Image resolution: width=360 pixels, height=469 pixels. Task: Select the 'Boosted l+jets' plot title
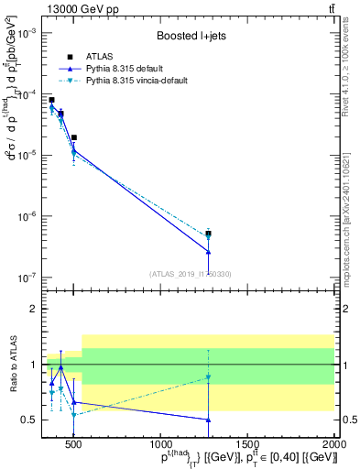[x=186, y=36]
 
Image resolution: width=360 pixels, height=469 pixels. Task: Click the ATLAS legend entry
[x=100, y=57]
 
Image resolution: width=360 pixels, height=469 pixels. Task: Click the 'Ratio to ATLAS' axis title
[x=13, y=364]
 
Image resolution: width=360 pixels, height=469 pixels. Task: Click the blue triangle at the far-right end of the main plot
[x=209, y=252]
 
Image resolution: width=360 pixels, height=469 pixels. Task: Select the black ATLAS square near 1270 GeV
[x=209, y=234]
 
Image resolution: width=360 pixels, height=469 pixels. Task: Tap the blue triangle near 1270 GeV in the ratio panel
[x=209, y=420]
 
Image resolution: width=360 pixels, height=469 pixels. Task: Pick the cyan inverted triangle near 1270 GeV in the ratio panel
[x=209, y=377]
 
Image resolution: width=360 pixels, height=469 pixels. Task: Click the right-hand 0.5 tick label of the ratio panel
[x=348, y=420]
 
